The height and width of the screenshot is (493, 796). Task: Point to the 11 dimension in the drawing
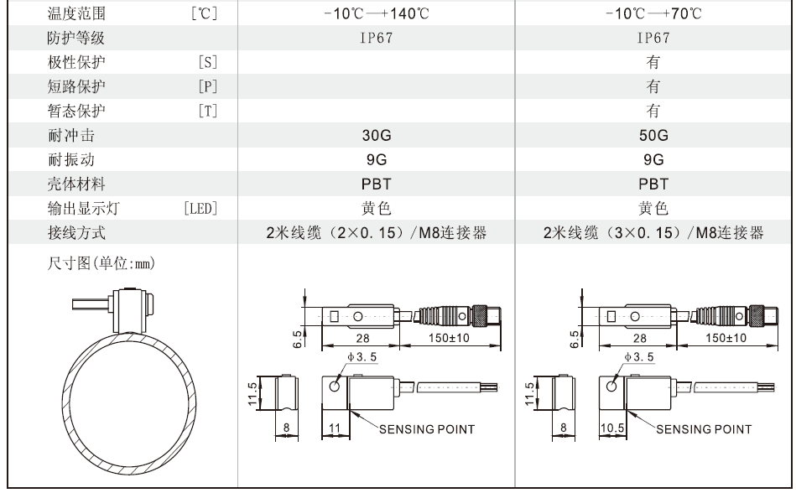coord(334,428)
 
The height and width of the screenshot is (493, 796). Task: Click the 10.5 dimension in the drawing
coord(611,428)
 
